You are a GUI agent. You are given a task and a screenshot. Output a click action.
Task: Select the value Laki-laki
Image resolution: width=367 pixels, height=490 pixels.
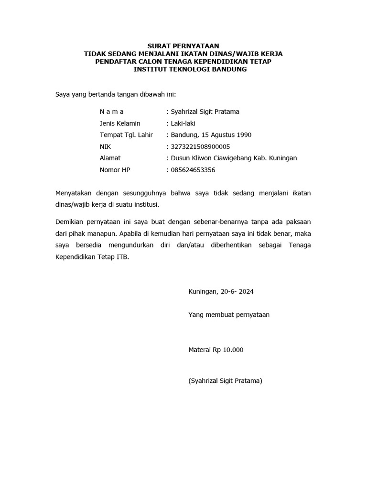point(183,123)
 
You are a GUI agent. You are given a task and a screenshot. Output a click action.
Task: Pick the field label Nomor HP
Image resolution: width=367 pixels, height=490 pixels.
point(115,169)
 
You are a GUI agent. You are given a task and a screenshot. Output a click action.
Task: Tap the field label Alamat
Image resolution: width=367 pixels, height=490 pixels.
point(110,158)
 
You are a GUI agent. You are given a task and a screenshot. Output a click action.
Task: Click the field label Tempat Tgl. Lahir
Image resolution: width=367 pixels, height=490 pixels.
point(126,135)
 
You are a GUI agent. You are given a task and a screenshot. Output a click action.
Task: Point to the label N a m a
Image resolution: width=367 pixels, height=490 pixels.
point(112,111)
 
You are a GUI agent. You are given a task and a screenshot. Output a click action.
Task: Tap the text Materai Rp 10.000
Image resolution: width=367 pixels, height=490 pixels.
point(216,350)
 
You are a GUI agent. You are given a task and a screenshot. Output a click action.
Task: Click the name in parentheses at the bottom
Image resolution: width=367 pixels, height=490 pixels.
point(226,381)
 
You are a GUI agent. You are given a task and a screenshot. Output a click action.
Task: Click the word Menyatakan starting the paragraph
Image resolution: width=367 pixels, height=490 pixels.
point(74,193)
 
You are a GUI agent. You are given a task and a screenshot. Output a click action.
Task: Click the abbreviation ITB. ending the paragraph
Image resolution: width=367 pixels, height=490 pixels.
point(123,256)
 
